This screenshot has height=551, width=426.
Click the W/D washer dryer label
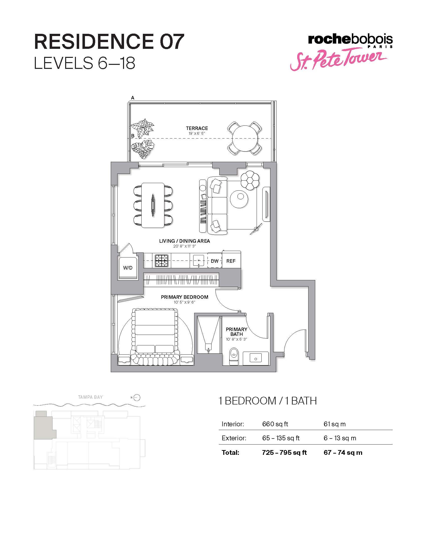coord(128,268)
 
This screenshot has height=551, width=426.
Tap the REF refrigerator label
coord(231,261)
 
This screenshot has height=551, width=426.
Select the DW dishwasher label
coord(215,261)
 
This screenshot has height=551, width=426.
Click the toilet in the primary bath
coord(234,356)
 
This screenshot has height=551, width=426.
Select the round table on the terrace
coord(245,138)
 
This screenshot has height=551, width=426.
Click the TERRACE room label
coord(197,128)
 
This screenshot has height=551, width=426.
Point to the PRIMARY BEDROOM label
coord(184,297)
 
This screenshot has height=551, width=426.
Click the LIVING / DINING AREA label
coord(184,241)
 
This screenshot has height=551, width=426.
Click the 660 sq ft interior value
coord(275,424)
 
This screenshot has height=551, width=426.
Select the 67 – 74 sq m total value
coord(343,452)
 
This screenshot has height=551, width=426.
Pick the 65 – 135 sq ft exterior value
coord(281,438)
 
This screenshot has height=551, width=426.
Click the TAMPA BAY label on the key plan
coord(90,397)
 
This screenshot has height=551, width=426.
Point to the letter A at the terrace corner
coord(133,98)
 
